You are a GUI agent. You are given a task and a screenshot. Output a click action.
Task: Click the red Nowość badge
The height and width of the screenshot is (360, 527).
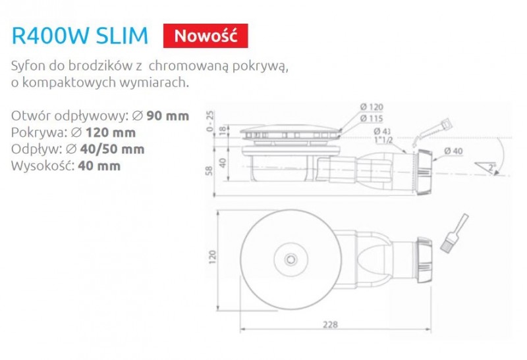206,34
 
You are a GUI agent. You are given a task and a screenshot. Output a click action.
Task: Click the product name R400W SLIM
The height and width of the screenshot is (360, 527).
80,35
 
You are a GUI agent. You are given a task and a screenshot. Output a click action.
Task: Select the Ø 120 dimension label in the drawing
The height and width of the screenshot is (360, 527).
373,107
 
